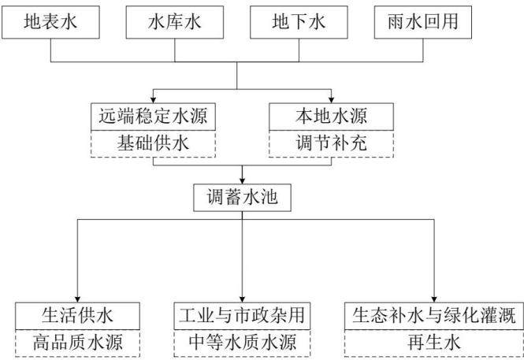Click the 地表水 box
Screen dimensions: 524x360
point(50,22)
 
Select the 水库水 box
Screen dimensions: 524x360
point(174,22)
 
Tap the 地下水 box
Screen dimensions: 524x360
point(299,22)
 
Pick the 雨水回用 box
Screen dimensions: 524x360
point(422,22)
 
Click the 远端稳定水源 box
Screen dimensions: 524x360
point(153,117)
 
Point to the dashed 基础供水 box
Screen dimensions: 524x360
point(153,143)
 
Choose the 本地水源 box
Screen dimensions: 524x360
point(331,117)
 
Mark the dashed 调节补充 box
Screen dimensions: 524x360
point(331,143)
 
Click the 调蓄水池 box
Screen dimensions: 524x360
point(242,198)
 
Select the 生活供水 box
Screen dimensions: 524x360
point(77,316)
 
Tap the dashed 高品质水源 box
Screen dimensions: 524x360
point(77,343)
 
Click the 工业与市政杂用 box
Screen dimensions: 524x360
point(242,316)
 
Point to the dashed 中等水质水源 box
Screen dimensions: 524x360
point(242,343)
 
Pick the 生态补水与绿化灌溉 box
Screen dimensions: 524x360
point(434,316)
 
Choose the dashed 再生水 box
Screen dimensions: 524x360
point(434,343)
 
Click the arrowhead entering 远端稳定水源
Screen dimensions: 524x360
point(153,100)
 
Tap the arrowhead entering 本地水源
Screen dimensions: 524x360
point(331,100)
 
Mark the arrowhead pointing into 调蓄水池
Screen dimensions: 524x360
point(242,180)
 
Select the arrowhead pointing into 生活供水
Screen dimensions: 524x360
point(77,299)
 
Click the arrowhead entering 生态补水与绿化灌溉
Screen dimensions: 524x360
point(434,299)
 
